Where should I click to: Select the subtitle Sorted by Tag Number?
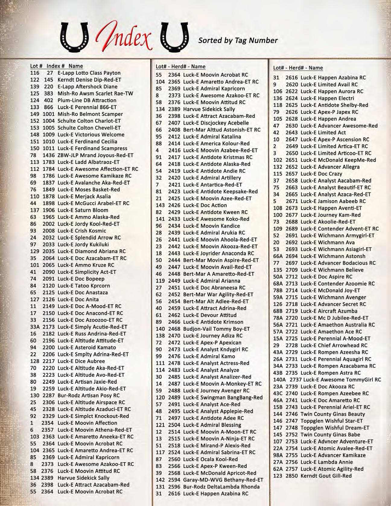(238, 40)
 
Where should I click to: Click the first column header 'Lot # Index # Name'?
(56, 66)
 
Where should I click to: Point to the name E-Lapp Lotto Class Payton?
(89, 73)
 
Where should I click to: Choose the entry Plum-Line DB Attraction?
(87, 100)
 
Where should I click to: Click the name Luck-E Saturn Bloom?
(83, 210)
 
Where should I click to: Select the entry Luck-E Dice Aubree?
(81, 361)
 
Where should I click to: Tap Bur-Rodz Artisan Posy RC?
(88, 396)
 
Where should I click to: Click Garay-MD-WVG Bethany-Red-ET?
(223, 480)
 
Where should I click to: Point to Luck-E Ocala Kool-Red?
(210, 459)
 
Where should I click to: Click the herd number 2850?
(291, 476)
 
